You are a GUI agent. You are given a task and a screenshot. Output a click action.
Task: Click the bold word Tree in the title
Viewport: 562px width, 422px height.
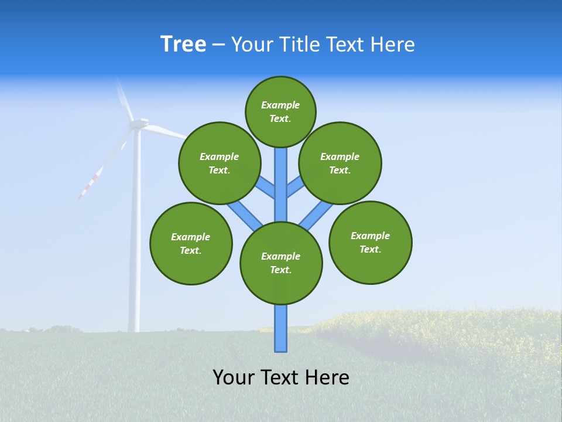[x=183, y=45]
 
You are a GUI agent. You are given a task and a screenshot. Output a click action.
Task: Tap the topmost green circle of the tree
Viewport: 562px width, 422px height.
[x=280, y=111]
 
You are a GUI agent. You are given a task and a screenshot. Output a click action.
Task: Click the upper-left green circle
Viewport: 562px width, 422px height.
[x=219, y=163]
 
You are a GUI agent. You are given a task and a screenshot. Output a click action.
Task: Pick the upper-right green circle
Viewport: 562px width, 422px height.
[x=340, y=163]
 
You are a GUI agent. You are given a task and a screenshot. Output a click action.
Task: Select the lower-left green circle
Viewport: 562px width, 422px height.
[x=191, y=243]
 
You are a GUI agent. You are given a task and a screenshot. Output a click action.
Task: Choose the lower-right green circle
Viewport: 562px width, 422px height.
[x=370, y=242]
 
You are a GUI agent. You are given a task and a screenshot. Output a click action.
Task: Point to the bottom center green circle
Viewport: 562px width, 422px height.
[x=281, y=263]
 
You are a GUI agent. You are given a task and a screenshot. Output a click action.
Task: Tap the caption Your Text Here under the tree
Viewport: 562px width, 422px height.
[x=281, y=377]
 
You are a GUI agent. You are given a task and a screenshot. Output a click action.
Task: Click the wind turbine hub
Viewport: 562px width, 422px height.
[x=139, y=124]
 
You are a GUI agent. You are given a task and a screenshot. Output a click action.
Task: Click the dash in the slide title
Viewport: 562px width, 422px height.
[x=218, y=45]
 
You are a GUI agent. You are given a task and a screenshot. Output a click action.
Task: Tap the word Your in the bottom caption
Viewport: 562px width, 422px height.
[x=234, y=377]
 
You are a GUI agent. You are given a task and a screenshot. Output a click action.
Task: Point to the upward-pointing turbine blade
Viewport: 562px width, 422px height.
[x=124, y=96]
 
